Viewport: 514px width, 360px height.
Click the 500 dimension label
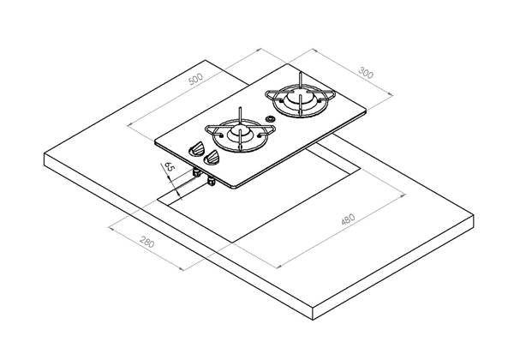(196, 79)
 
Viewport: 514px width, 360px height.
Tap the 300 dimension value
(366, 73)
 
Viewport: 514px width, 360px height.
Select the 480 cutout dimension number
(348, 219)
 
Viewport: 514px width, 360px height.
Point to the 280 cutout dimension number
(146, 242)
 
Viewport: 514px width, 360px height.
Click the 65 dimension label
(169, 166)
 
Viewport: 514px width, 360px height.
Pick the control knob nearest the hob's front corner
(212, 157)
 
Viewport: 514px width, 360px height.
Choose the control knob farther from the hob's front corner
(197, 148)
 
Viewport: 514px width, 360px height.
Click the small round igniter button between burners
(270, 119)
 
